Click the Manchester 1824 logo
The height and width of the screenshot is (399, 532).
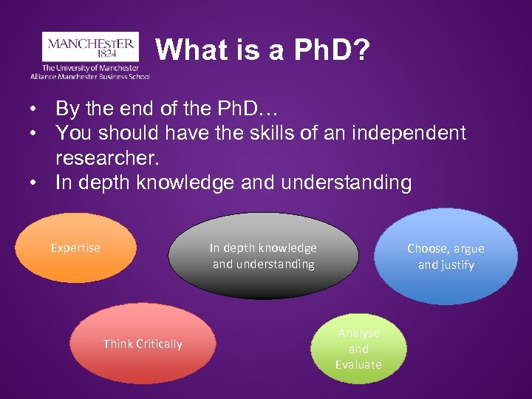click(90, 46)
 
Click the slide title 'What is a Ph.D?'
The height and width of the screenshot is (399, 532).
click(263, 50)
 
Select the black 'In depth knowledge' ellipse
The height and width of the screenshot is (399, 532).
click(263, 256)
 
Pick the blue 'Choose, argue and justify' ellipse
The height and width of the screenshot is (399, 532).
click(446, 256)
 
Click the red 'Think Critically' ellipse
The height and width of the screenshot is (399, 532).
click(143, 344)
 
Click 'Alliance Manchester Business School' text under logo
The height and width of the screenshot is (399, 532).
click(90, 76)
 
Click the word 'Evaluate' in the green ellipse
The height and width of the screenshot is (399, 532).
click(358, 364)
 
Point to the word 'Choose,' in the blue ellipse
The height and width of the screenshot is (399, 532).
click(428, 249)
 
